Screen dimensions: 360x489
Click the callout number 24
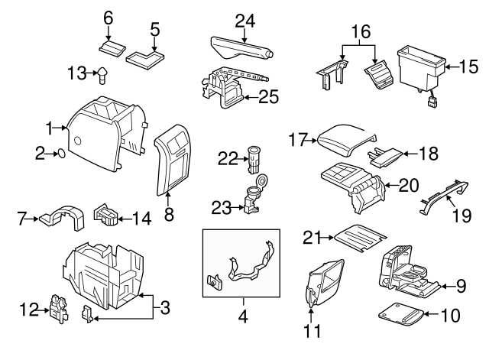[244, 21]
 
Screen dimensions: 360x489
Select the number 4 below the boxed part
[242, 313]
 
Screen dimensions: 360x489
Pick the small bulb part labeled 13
[102, 73]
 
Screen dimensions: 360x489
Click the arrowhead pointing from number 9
[445, 286]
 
